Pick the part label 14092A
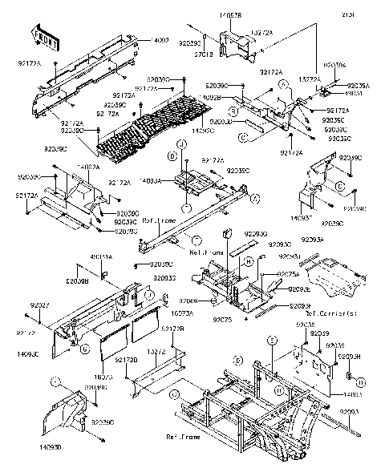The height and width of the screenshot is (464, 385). point(88,167)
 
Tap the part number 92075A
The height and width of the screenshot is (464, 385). point(289,274)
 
